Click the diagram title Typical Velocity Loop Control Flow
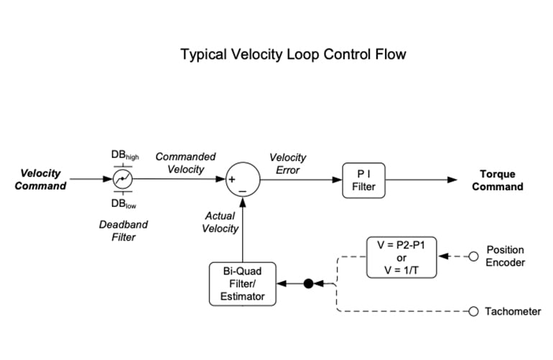(x=294, y=55)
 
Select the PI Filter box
(x=363, y=180)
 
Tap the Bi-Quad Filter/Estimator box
(x=242, y=284)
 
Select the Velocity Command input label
(x=41, y=180)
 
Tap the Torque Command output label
(x=501, y=180)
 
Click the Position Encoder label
(x=506, y=257)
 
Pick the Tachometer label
(x=513, y=311)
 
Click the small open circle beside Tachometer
(x=473, y=311)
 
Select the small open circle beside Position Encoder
(x=473, y=257)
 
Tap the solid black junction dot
(x=308, y=284)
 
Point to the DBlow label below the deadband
(x=124, y=205)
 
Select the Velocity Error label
(x=287, y=163)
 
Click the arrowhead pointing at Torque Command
(x=452, y=180)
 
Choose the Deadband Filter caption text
(x=123, y=230)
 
